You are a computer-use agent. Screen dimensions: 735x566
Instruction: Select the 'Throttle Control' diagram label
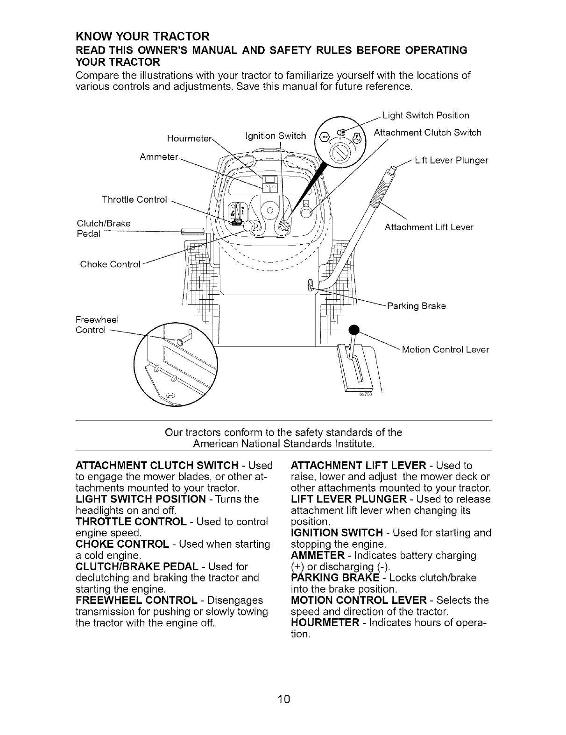(134, 200)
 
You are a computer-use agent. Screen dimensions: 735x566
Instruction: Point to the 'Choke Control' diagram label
(110, 264)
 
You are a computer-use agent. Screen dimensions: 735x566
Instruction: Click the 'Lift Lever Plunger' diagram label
(451, 161)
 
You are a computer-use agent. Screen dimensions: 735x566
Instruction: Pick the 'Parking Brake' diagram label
(416, 306)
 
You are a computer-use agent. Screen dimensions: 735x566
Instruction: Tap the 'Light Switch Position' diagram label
(425, 115)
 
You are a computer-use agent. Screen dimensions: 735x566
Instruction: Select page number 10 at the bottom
(283, 699)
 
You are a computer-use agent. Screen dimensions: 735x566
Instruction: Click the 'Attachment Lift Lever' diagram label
(429, 227)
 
